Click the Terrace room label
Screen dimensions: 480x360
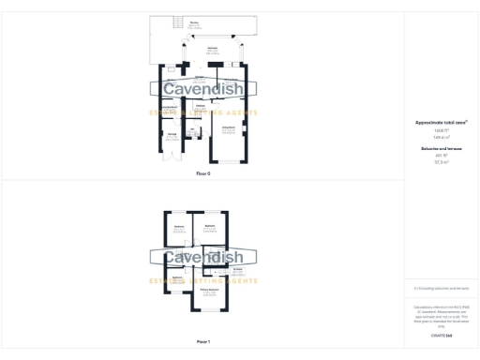194,22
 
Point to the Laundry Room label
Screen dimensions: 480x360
171,109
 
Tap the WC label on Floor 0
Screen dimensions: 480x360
189,129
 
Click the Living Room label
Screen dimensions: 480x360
228,128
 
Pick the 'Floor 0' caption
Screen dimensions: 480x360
203,174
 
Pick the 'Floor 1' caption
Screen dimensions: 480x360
203,341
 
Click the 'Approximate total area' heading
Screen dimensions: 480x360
441,123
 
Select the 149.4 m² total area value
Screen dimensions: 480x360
441,136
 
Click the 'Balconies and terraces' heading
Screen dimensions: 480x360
441,148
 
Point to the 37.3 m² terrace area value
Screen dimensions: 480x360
441,162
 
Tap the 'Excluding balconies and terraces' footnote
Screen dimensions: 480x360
441,290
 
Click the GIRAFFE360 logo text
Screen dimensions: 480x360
441,335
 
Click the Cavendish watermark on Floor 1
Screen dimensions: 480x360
203,257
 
